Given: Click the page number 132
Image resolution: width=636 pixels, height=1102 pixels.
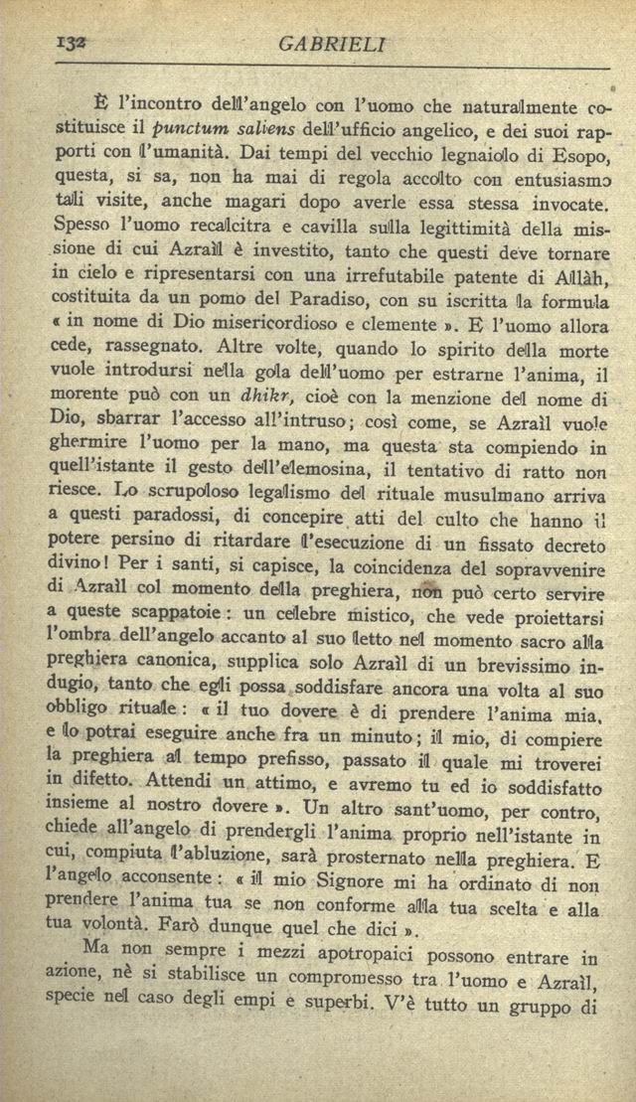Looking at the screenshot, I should pyautogui.click(x=47, y=43).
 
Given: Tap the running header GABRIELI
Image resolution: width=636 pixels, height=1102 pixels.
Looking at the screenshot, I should pyautogui.click(x=332, y=45).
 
